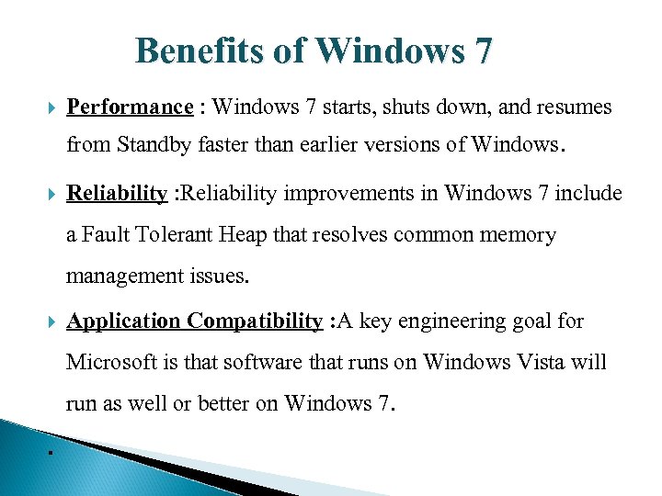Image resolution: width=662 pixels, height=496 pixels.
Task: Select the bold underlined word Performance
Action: (x=130, y=107)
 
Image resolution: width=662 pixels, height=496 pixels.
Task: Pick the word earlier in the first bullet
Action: (x=336, y=145)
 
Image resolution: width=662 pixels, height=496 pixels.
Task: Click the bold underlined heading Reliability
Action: (x=117, y=194)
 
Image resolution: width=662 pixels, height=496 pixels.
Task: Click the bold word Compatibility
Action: (x=255, y=321)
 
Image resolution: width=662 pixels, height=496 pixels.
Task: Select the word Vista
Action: (x=572, y=363)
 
